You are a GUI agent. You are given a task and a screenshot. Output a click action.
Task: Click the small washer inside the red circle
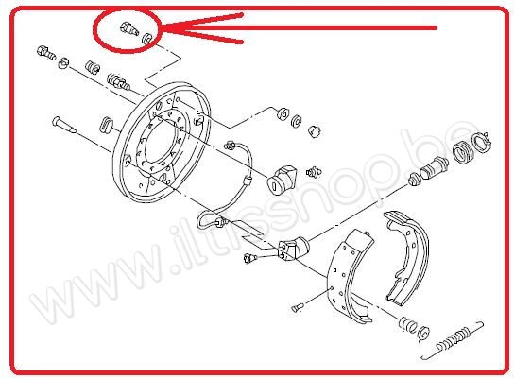[146, 38]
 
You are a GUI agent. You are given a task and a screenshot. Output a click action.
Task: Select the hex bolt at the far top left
[46, 53]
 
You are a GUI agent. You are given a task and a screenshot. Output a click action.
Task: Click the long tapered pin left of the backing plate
[63, 125]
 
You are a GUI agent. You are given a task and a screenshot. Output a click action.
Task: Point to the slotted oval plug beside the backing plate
[106, 125]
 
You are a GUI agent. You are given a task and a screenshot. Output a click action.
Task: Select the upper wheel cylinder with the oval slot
[282, 179]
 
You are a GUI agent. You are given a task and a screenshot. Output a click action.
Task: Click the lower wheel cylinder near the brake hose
[292, 249]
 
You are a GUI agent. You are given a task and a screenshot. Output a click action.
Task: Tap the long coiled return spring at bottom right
[453, 340]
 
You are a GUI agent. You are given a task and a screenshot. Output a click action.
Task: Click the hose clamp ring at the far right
[481, 142]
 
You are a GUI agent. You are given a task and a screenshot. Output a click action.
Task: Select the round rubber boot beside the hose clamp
[463, 151]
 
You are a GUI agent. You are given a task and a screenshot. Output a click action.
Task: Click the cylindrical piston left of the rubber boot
[434, 167]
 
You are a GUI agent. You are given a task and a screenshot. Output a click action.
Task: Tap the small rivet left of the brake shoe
[298, 307]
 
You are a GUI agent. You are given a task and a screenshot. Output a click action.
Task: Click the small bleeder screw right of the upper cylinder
[314, 172]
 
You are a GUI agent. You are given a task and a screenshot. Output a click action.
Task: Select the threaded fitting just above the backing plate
[118, 82]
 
